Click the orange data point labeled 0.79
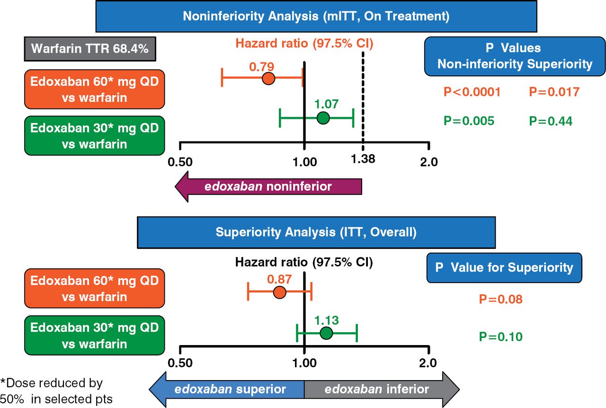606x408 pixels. (x=268, y=79)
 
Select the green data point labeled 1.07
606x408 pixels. (x=323, y=118)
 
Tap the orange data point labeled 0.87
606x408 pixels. (x=280, y=292)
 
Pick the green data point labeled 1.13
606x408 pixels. (x=326, y=333)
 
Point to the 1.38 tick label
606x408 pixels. (x=363, y=159)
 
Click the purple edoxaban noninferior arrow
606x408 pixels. (x=268, y=186)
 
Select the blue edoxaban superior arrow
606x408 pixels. (x=227, y=390)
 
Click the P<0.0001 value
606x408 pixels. (x=472, y=92)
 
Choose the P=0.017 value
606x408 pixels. (x=554, y=92)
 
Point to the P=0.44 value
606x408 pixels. (x=551, y=121)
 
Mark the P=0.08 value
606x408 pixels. (x=500, y=299)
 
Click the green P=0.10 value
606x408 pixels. (x=500, y=337)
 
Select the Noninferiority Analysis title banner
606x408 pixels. (x=316, y=17)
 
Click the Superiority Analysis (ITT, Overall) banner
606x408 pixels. (x=316, y=232)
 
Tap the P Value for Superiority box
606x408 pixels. (x=504, y=268)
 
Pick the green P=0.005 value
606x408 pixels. (x=469, y=121)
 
